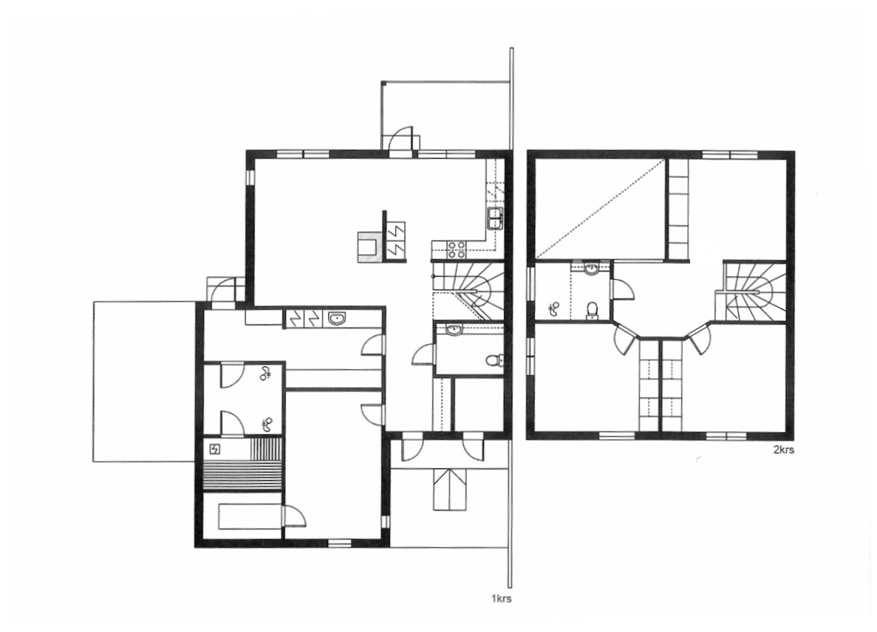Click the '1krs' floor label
point(501,599)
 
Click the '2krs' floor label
point(783,450)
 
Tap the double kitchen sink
point(496,218)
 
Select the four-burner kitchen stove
point(456,250)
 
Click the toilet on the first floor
point(494,360)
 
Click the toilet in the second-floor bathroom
point(593,312)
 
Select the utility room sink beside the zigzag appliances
point(337,319)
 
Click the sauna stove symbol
point(215,448)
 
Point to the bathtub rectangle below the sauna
point(249,517)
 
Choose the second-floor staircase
point(749,292)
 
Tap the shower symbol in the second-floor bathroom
point(553,309)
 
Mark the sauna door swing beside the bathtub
point(295,516)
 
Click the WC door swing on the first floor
point(425,355)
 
